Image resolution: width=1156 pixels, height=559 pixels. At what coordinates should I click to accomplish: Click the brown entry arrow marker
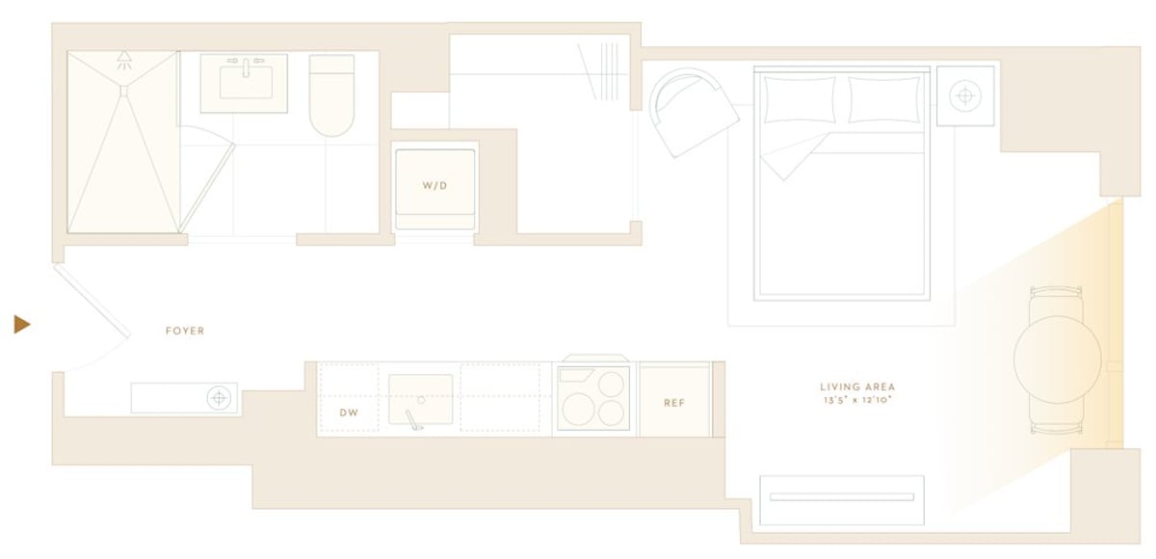pos(21,325)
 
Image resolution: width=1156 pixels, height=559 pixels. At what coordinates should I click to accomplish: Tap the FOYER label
pos(185,331)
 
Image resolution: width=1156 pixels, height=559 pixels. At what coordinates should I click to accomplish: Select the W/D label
pos(435,186)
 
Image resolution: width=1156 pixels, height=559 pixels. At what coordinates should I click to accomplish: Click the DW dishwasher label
pos(349,413)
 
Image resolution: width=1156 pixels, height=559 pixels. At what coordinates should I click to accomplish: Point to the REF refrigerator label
pos(674,403)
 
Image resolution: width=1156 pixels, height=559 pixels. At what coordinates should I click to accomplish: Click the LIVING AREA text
pos(857,386)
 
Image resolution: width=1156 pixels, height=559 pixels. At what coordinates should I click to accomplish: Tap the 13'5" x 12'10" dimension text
pos(857,400)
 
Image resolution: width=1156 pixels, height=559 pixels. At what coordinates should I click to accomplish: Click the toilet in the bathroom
pos(331,95)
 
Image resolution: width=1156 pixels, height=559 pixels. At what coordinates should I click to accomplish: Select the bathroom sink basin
pos(247,83)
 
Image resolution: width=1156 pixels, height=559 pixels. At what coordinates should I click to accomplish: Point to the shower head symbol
pos(124,60)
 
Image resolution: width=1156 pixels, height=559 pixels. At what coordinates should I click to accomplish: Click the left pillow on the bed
pos(800,99)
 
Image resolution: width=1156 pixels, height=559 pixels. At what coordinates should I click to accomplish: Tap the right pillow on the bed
pos(884,99)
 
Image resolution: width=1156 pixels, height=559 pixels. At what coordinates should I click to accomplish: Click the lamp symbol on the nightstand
pos(965,95)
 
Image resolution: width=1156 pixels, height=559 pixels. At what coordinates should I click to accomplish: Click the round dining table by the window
pos(1058,359)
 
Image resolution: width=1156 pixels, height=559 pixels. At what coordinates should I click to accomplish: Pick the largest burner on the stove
pos(579,410)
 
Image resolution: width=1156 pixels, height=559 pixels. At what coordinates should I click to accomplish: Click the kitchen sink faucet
pos(414,419)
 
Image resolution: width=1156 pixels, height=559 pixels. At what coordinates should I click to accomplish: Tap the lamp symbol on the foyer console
pos(219,398)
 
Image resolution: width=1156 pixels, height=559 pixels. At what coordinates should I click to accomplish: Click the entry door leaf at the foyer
pos(92,301)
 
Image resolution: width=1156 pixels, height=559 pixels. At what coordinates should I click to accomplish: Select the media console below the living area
pos(842,500)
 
